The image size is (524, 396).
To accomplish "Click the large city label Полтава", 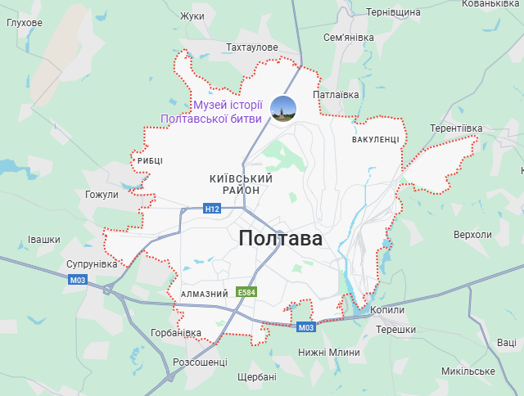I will pyautogui.click(x=281, y=239).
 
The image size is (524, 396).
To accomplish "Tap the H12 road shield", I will pyautogui.click(x=213, y=209).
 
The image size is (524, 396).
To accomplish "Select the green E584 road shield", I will pyautogui.click(x=246, y=292).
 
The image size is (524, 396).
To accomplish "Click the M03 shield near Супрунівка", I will pyautogui.click(x=78, y=280).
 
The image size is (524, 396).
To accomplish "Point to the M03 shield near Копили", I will pyautogui.click(x=306, y=328).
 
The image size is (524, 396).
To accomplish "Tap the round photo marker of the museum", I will pyautogui.click(x=284, y=108).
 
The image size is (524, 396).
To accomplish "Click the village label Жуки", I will pyautogui.click(x=192, y=16).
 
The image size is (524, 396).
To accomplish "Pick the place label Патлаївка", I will pyautogui.click(x=337, y=95).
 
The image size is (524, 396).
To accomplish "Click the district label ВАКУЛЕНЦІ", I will pyautogui.click(x=376, y=140).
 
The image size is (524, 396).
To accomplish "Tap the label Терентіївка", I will pyautogui.click(x=456, y=128).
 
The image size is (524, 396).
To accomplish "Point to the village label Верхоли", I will pyautogui.click(x=472, y=235).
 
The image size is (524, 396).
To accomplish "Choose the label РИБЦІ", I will pyautogui.click(x=150, y=160).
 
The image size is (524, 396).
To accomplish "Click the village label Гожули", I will pyautogui.click(x=102, y=195).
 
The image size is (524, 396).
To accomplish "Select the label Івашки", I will pyautogui.click(x=44, y=240).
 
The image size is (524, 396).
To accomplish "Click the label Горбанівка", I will pyautogui.click(x=176, y=333).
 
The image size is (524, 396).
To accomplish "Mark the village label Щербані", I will pyautogui.click(x=256, y=377).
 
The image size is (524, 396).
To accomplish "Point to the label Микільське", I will pyautogui.click(x=468, y=371).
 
